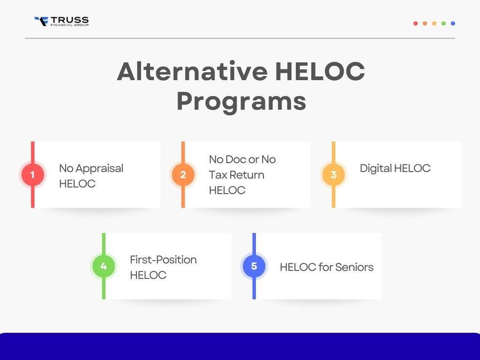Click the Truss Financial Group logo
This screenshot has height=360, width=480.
point(61,21)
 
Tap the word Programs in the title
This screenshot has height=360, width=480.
point(241,101)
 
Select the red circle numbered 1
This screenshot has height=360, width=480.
point(32,175)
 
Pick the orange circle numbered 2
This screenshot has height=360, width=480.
point(183,175)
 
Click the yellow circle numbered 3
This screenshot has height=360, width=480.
point(333,175)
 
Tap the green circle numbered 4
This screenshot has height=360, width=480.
point(104,266)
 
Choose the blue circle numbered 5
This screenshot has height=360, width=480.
point(254,266)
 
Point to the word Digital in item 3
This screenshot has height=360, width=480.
point(375,168)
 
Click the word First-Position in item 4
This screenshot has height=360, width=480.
point(163,260)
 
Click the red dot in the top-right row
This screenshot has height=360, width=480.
point(415,23)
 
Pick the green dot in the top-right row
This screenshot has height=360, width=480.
point(443,23)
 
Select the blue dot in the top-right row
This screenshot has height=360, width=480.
point(453,23)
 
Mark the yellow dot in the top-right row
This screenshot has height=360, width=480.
point(434,23)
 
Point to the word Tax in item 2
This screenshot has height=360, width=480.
point(217,175)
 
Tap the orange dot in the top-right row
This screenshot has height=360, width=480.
point(425,23)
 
